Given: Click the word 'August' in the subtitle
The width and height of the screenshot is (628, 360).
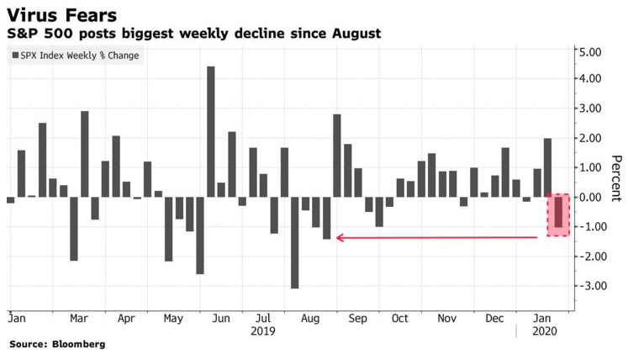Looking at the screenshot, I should pos(356,34).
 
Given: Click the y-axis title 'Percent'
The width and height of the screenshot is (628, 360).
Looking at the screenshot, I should pos(615,179).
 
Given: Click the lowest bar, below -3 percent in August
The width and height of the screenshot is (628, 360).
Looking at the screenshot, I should pos(295,242).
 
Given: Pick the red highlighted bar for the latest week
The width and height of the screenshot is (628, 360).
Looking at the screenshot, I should pos(558,212).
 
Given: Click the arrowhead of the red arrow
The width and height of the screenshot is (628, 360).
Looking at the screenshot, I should pos(340,238).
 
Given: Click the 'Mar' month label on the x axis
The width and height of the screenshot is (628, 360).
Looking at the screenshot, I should pos(79,319).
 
